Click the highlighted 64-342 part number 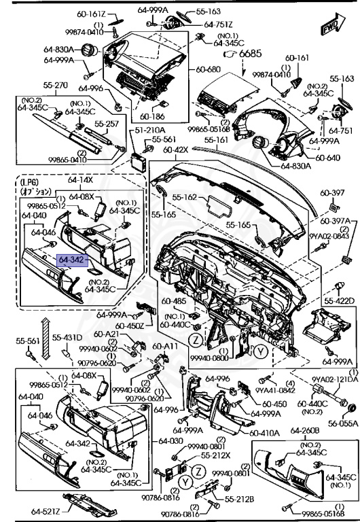coord(71,260)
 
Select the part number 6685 coord(250,53)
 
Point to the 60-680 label coord(209,69)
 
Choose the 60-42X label coord(176,149)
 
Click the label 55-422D coord(340,300)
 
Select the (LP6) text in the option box coord(29,182)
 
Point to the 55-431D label coord(68,338)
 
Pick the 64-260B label coord(305,431)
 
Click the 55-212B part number coord(240,500)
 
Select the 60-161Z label coord(88,14)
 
